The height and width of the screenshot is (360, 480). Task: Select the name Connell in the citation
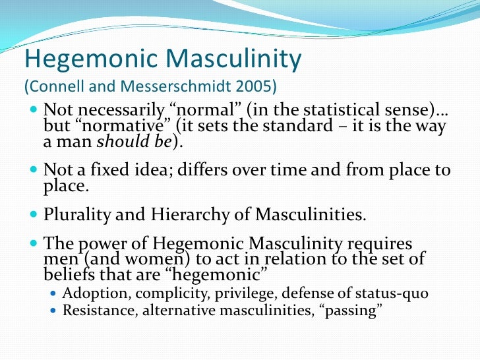pyautogui.click(x=55, y=87)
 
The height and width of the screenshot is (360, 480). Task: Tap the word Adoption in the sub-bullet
pyautogui.click(x=90, y=293)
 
